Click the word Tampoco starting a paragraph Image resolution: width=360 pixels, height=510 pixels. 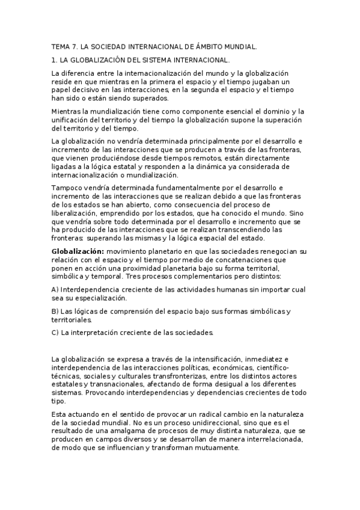(68, 188)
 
